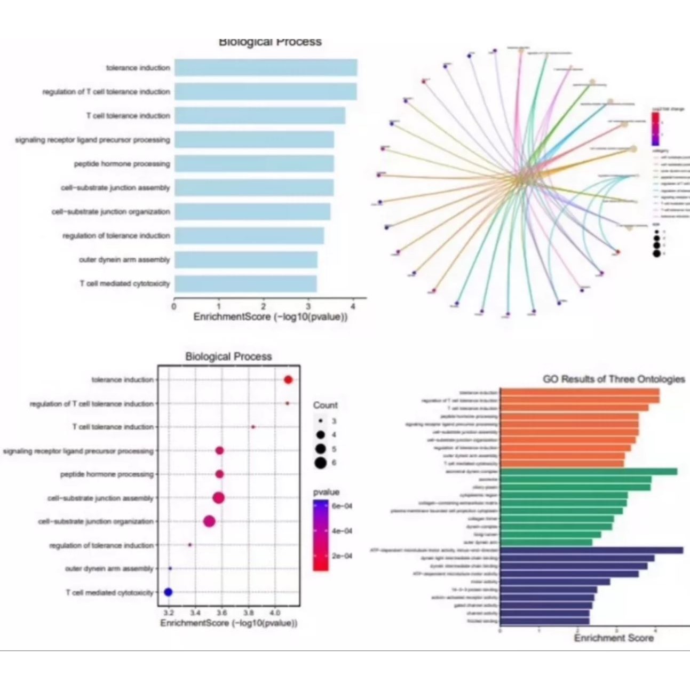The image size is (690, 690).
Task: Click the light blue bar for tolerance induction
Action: click(265, 68)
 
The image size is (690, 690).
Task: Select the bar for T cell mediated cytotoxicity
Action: click(245, 283)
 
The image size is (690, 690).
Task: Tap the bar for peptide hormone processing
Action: click(254, 164)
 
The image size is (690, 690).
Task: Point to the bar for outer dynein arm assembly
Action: click(245, 260)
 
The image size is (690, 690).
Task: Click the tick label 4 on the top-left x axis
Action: click(353, 307)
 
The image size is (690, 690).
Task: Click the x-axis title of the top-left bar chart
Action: click(270, 317)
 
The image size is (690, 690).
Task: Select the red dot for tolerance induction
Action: click(288, 380)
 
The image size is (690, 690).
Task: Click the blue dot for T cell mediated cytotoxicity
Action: click(168, 592)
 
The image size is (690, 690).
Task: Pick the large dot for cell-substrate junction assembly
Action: click(218, 498)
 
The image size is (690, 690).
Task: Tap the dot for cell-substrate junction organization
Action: click(209, 521)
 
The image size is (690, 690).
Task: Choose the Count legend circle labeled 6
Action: click(320, 463)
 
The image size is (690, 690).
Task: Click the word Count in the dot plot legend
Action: click(325, 405)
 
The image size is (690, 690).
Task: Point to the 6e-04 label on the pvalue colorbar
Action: click(342, 505)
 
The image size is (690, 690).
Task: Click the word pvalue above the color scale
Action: click(326, 492)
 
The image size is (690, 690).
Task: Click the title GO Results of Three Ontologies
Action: click(614, 379)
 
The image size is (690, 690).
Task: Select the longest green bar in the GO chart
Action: click(588, 471)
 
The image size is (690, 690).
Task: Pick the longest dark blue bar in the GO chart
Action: click(591, 550)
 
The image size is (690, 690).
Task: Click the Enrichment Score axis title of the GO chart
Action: click(613, 638)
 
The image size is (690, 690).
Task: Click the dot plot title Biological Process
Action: click(228, 356)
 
